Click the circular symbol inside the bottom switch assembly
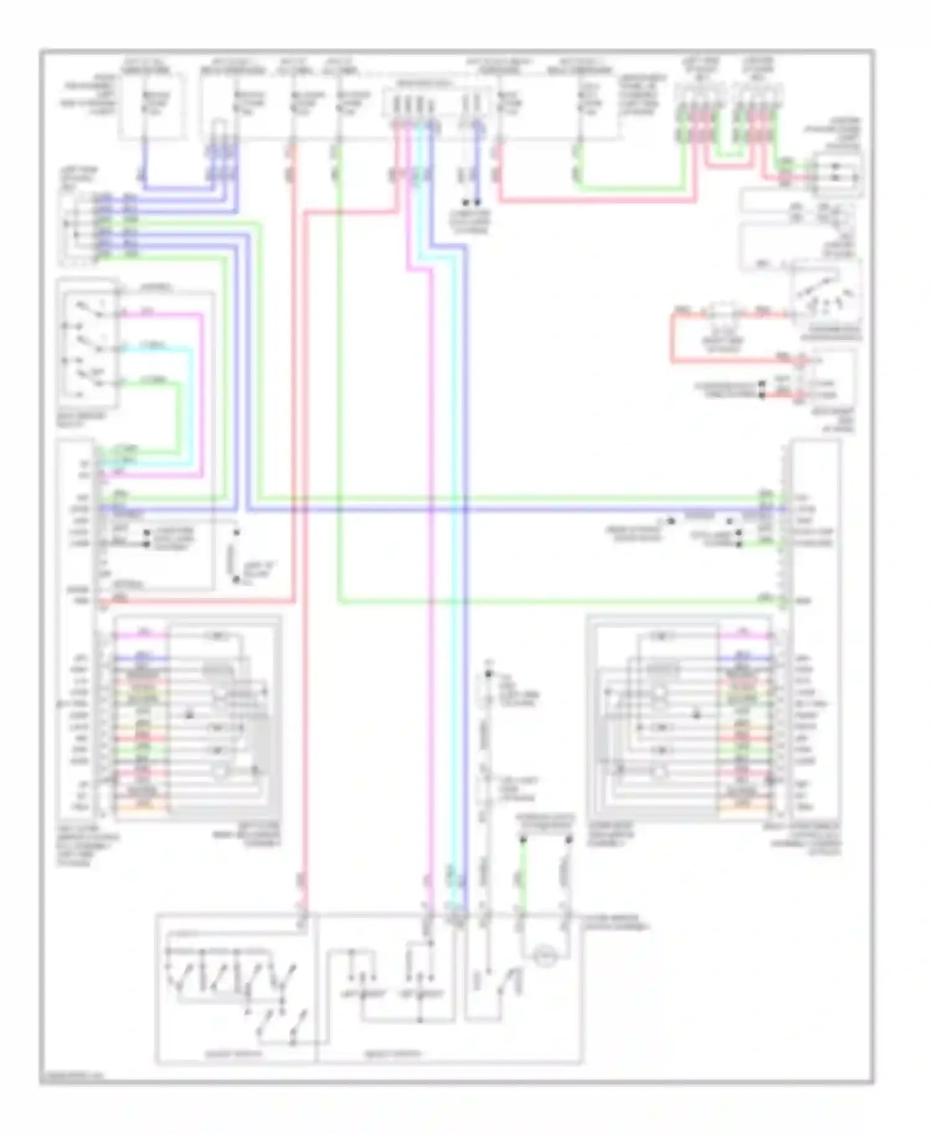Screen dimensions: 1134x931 [546, 956]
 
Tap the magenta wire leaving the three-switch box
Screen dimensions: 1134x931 [202, 397]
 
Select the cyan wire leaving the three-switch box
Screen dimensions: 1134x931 [191, 403]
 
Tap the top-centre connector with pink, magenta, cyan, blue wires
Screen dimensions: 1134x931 [412, 103]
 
